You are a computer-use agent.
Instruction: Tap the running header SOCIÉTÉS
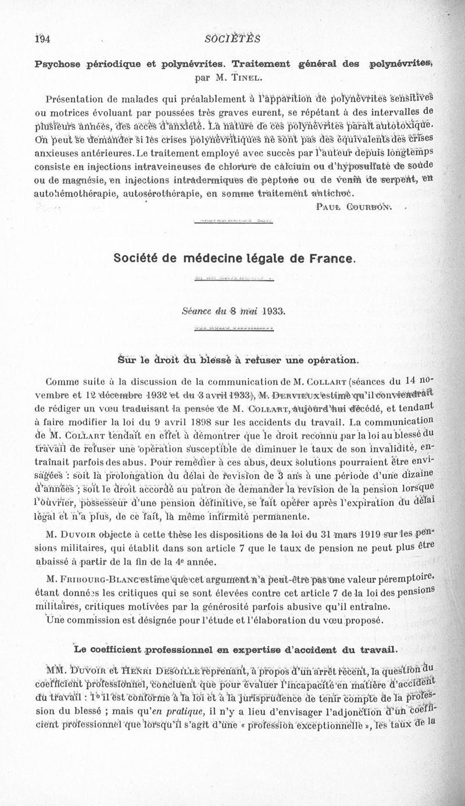233,39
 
